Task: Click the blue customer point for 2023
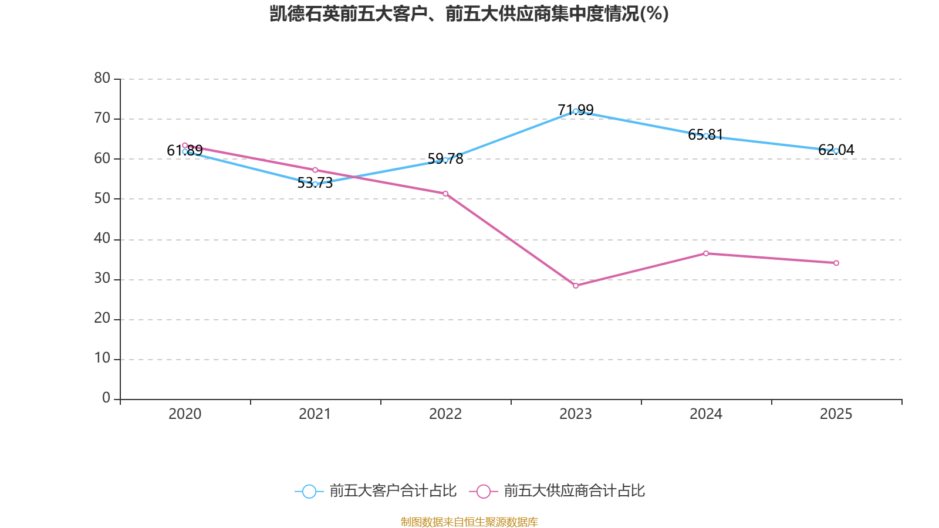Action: pyautogui.click(x=576, y=111)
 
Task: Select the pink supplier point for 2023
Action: pyautogui.click(x=576, y=286)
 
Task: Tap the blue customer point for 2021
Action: pyautogui.click(x=315, y=184)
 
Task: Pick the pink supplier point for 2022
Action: pyautogui.click(x=445, y=194)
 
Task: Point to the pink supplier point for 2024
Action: pyautogui.click(x=706, y=253)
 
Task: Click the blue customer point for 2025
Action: pyautogui.click(x=836, y=151)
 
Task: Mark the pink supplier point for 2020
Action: pyautogui.click(x=185, y=145)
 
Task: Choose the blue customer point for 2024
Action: pyautogui.click(x=706, y=136)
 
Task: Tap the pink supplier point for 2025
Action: pyautogui.click(x=836, y=263)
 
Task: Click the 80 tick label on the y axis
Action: pyautogui.click(x=102, y=78)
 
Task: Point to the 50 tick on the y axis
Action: pyautogui.click(x=102, y=198)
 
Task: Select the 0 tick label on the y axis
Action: pyautogui.click(x=106, y=398)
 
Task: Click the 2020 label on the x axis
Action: pyautogui.click(x=185, y=414)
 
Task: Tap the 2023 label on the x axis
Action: pyautogui.click(x=576, y=414)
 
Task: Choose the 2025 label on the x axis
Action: pyautogui.click(x=836, y=414)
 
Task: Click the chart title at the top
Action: pyautogui.click(x=469, y=13)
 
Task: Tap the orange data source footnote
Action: pyautogui.click(x=469, y=522)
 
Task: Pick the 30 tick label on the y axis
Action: pyautogui.click(x=102, y=279)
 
